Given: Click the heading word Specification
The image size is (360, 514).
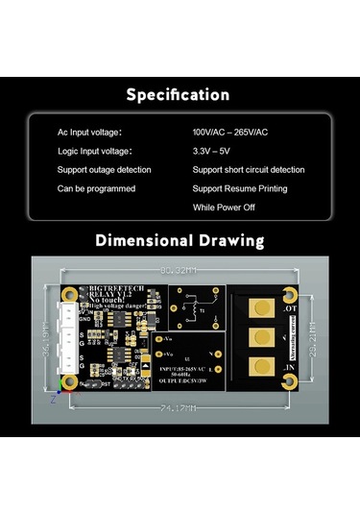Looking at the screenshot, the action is point(179,95).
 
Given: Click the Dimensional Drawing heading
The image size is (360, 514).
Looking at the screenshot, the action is point(180,240).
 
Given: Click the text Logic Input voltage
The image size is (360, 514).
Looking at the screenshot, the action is point(94,151).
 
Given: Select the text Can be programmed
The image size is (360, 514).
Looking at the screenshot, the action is point(96,188).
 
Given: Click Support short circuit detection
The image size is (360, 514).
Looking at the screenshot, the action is point(249,169).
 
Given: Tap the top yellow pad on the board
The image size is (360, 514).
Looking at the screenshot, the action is point(259,308).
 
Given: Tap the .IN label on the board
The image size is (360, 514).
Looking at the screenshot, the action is point(289,368).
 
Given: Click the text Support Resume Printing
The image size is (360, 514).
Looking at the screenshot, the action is point(239,188).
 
